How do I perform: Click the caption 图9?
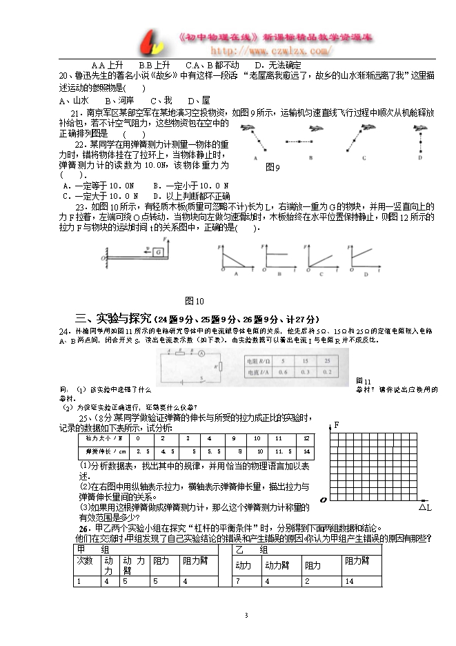[x=273, y=167]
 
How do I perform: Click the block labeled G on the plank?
[x=158, y=252]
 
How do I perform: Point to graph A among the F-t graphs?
[x=237, y=260]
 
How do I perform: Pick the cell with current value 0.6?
[x=282, y=373]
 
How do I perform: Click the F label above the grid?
[x=337, y=424]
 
